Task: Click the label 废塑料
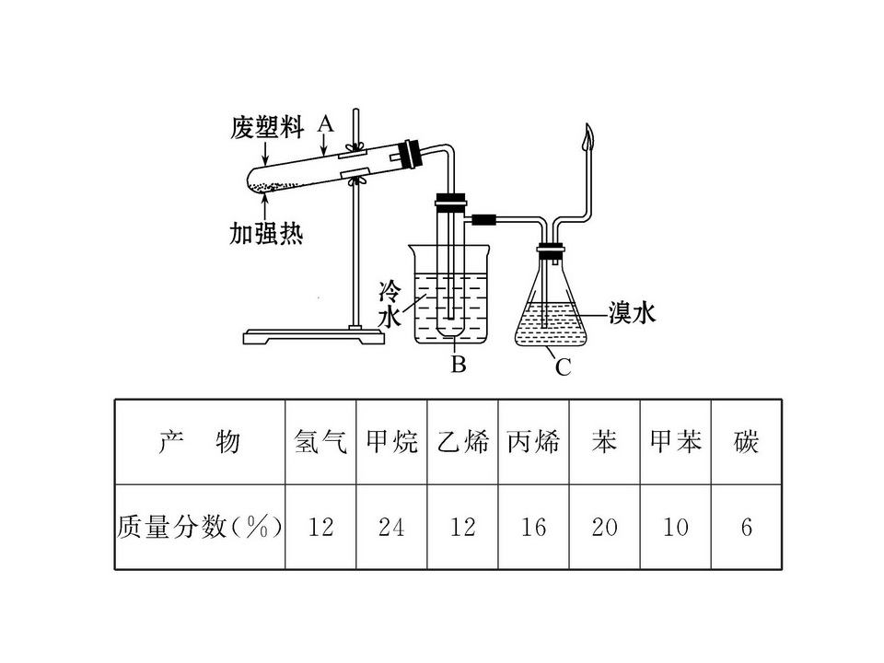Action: pyautogui.click(x=267, y=128)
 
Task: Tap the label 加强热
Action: pyautogui.click(x=266, y=233)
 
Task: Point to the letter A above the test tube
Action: pyautogui.click(x=325, y=123)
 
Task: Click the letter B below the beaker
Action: pyautogui.click(x=459, y=365)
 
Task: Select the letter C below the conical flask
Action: pyautogui.click(x=564, y=367)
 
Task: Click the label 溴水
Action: pyautogui.click(x=632, y=312)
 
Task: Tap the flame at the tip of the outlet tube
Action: pyautogui.click(x=588, y=136)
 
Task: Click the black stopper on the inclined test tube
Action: pyautogui.click(x=410, y=154)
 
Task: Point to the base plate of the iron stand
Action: pyautogui.click(x=314, y=337)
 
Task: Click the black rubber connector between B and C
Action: pyautogui.click(x=483, y=220)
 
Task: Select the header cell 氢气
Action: pyautogui.click(x=320, y=442)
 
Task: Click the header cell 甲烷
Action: pyautogui.click(x=392, y=442)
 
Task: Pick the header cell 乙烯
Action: pyautogui.click(x=463, y=442)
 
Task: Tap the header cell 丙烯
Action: pyautogui.click(x=533, y=442)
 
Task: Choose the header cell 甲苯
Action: pyautogui.click(x=675, y=442)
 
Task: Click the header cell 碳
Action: pyautogui.click(x=746, y=442)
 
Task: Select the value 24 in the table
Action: pyautogui.click(x=392, y=528)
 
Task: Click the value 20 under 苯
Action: pyautogui.click(x=604, y=528)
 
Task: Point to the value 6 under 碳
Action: pyautogui.click(x=747, y=528)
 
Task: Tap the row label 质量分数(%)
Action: pyautogui.click(x=199, y=528)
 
